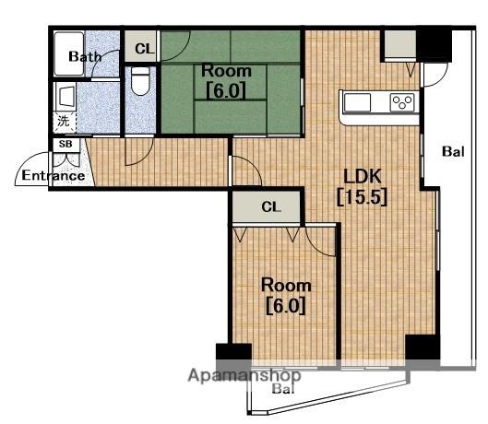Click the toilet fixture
(x=140, y=80)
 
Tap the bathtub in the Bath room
(x=69, y=53)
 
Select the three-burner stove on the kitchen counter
(x=402, y=102)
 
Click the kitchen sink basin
(x=357, y=102)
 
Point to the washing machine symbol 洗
(x=64, y=121)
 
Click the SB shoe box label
(x=65, y=144)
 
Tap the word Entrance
(x=54, y=176)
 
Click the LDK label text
(x=363, y=176)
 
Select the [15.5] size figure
(x=363, y=196)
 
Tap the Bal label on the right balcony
(x=453, y=151)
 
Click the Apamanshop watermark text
(x=244, y=375)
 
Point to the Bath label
(x=85, y=56)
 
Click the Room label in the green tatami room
(x=226, y=71)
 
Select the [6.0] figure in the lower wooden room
(x=286, y=306)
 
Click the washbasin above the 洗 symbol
(x=65, y=96)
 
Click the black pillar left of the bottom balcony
(x=233, y=352)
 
